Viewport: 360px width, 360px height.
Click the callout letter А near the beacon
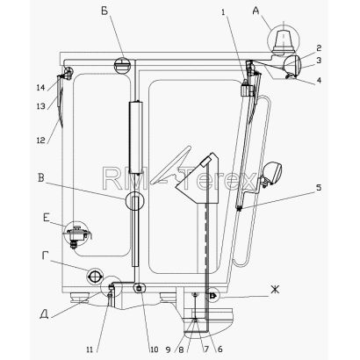[x=256, y=11]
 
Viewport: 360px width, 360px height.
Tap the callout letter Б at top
[x=104, y=11]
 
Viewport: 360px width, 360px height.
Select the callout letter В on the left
[x=40, y=177]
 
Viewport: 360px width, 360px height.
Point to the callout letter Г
[x=45, y=256]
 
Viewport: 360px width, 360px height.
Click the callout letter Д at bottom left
[x=45, y=314]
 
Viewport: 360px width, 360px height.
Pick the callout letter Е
[x=46, y=218]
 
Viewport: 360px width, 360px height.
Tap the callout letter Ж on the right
[x=275, y=290]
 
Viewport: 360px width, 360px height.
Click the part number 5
[x=319, y=187]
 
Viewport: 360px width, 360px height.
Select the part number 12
[x=41, y=140]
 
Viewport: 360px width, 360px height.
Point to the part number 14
[x=40, y=87]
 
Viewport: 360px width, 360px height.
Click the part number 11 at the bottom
[x=90, y=349]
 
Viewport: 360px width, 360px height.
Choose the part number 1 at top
[x=224, y=12]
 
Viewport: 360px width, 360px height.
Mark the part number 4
[x=319, y=80]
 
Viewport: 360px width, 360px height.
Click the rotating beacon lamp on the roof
[x=283, y=41]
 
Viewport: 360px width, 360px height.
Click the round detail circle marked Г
[x=94, y=276]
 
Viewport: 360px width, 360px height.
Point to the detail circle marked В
[x=134, y=201]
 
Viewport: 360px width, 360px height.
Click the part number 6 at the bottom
[x=220, y=349]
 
